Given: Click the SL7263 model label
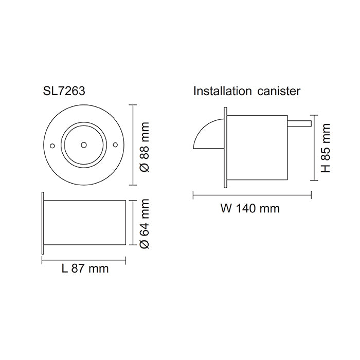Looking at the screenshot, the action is click(64, 91).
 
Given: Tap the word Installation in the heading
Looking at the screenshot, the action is click(223, 91).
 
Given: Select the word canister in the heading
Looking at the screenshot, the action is click(279, 91).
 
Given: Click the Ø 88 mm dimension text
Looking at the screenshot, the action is click(145, 147).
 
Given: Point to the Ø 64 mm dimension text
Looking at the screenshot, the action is click(145, 224).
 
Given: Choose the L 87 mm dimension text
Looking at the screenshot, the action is click(85, 268).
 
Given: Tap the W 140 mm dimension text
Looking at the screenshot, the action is click(250, 208).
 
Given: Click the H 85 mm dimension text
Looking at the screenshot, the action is click(326, 148).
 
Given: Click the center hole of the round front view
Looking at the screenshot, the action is click(84, 145).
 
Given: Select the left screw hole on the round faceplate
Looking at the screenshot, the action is click(52, 146).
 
